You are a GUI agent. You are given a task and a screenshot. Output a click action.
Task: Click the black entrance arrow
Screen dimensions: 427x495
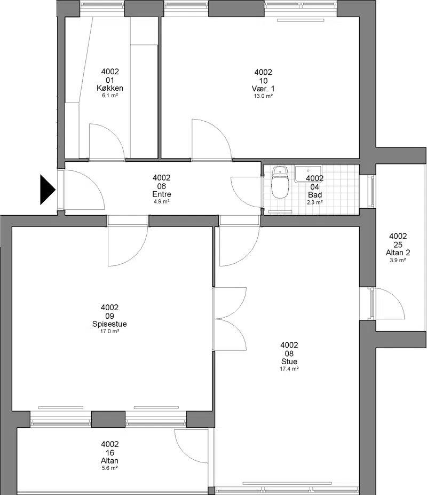click(48, 190)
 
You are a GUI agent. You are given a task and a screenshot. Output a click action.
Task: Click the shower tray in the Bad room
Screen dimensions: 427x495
click(308, 174)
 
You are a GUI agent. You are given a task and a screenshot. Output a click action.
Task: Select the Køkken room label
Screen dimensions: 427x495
click(110, 88)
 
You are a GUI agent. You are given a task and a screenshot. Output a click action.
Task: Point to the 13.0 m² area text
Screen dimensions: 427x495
click(263, 96)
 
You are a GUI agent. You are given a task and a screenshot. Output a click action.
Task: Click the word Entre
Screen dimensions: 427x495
click(162, 194)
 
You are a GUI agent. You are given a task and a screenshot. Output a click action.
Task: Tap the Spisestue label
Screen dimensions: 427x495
click(109, 324)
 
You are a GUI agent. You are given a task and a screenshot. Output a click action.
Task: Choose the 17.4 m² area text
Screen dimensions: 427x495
click(289, 369)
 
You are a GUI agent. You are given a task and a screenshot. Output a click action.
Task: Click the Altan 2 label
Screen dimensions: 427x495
click(398, 253)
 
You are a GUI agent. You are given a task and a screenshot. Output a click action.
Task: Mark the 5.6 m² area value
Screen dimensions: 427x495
click(109, 468)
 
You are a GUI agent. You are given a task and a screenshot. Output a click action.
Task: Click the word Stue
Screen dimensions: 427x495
click(289, 362)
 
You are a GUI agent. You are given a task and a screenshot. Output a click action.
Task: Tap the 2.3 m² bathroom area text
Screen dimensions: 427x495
click(315, 202)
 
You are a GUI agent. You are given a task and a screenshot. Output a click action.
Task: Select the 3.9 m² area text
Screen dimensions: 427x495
click(398, 260)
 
